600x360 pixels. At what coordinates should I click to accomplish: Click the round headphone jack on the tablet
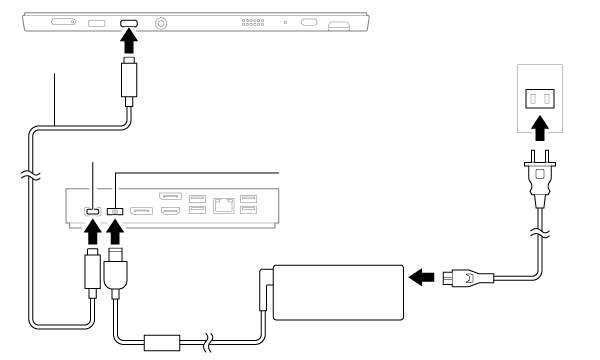tap(160, 22)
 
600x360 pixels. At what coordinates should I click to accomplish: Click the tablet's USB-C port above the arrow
tap(129, 23)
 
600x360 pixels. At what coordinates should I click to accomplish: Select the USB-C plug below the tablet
tap(129, 80)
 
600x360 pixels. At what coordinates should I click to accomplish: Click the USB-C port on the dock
tap(92, 211)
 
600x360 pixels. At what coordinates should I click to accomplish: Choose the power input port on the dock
tap(115, 211)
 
